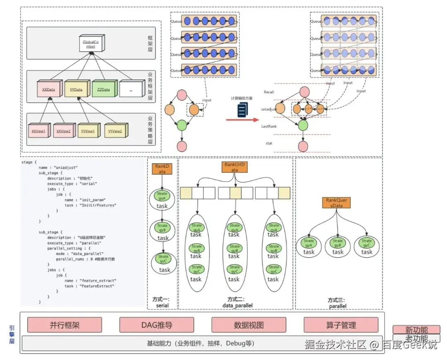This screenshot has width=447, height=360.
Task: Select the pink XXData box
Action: pyautogui.click(x=48, y=89)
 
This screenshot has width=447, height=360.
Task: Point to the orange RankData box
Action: pyautogui.click(x=161, y=169)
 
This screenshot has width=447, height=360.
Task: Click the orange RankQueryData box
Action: pyautogui.click(x=336, y=203)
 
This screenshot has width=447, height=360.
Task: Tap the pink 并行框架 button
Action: pyautogui.click(x=65, y=325)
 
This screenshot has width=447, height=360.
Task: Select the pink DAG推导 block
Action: pyautogui.click(x=157, y=325)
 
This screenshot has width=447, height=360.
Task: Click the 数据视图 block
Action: pyautogui.click(x=249, y=325)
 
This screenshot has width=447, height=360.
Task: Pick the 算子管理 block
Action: pyautogui.click(x=341, y=325)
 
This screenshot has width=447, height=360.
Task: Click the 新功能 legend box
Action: pyautogui.click(x=416, y=330)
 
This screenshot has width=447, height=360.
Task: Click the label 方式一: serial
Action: pyautogui.click(x=162, y=302)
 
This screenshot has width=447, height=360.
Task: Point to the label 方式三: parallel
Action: pyautogui.click(x=338, y=303)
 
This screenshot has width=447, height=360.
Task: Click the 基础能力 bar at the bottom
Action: pyautogui.click(x=201, y=343)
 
